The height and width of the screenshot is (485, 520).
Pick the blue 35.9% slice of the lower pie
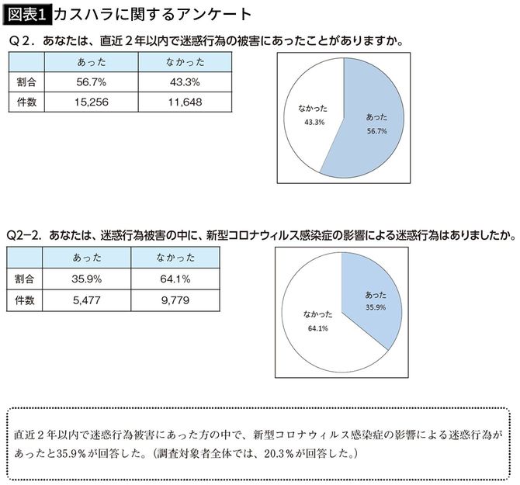tap(371, 299)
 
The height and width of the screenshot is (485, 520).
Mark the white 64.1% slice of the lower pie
tap(318, 326)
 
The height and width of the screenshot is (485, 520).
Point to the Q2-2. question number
tap(23, 234)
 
